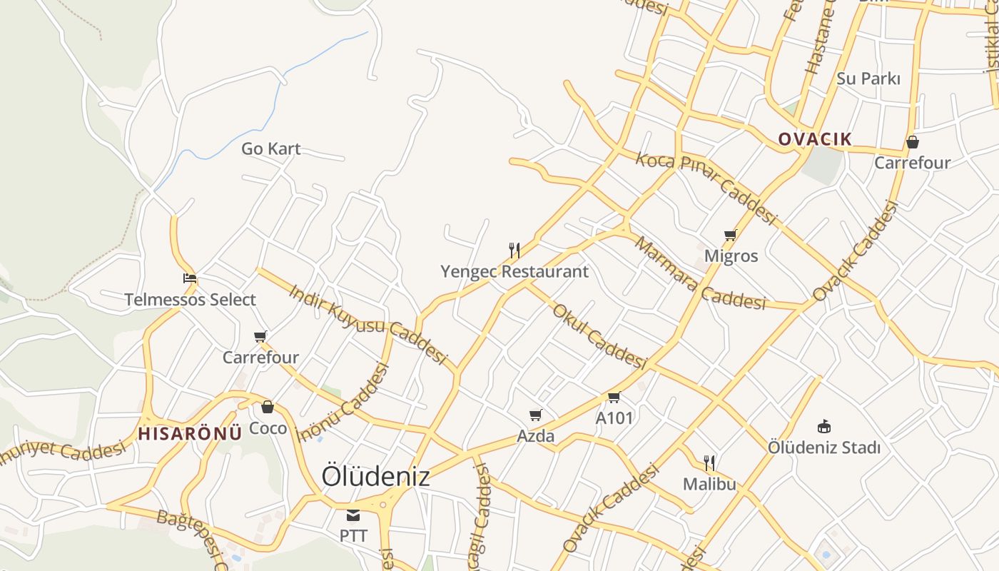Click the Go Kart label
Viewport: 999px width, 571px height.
tap(270, 149)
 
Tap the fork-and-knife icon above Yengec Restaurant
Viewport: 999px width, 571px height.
tap(514, 250)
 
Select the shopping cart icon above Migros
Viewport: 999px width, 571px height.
tap(730, 235)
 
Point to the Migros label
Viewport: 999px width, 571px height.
tap(731, 256)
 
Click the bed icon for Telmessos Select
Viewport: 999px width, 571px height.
tap(189, 278)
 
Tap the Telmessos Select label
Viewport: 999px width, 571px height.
tap(190, 300)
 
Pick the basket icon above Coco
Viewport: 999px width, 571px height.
tap(268, 407)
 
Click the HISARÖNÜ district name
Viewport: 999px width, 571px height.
tap(190, 433)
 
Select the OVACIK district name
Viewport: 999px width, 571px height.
tap(815, 139)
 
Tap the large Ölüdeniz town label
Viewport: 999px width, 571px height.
tap(375, 477)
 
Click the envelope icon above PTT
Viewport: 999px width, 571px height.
tap(353, 515)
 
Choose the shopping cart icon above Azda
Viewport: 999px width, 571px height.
tap(536, 415)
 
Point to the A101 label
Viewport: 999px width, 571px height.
tap(614, 418)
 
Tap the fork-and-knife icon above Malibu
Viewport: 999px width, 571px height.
tap(709, 463)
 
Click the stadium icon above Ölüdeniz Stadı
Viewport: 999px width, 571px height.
tap(824, 426)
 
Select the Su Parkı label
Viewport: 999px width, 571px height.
tap(868, 79)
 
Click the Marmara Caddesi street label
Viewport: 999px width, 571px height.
tap(699, 275)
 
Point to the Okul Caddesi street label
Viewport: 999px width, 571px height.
tap(599, 335)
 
